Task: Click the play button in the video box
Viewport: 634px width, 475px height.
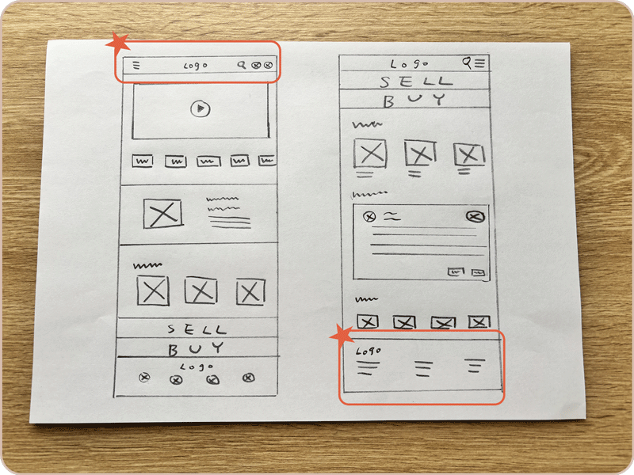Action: coord(201,108)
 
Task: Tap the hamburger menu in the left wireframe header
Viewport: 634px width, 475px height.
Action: coord(136,65)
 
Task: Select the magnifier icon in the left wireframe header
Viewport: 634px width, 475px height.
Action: coord(242,65)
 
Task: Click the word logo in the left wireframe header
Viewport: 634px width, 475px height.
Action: coord(196,66)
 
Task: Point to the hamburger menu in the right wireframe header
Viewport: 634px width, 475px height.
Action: coord(480,63)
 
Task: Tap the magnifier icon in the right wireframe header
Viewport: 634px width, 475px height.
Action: coord(467,63)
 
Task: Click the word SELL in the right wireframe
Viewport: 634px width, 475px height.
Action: coord(416,82)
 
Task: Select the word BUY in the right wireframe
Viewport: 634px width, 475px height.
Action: coord(414,101)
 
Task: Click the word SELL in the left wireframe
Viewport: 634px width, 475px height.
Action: coord(197,329)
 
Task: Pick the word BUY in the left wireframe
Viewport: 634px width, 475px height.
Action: coord(196,348)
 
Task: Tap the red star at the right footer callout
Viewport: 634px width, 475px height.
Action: coord(342,336)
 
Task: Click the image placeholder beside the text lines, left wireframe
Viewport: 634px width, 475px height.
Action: coord(162,214)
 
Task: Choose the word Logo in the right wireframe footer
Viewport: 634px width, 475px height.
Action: coord(368,351)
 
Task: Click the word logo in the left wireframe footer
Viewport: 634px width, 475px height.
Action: coord(197,367)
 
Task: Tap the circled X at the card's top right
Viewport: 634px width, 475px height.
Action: coord(475,217)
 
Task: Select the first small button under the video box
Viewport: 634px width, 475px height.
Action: coord(143,161)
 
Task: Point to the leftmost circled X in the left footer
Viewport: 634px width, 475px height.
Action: coord(144,378)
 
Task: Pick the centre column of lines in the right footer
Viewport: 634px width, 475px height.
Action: coord(423,369)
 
